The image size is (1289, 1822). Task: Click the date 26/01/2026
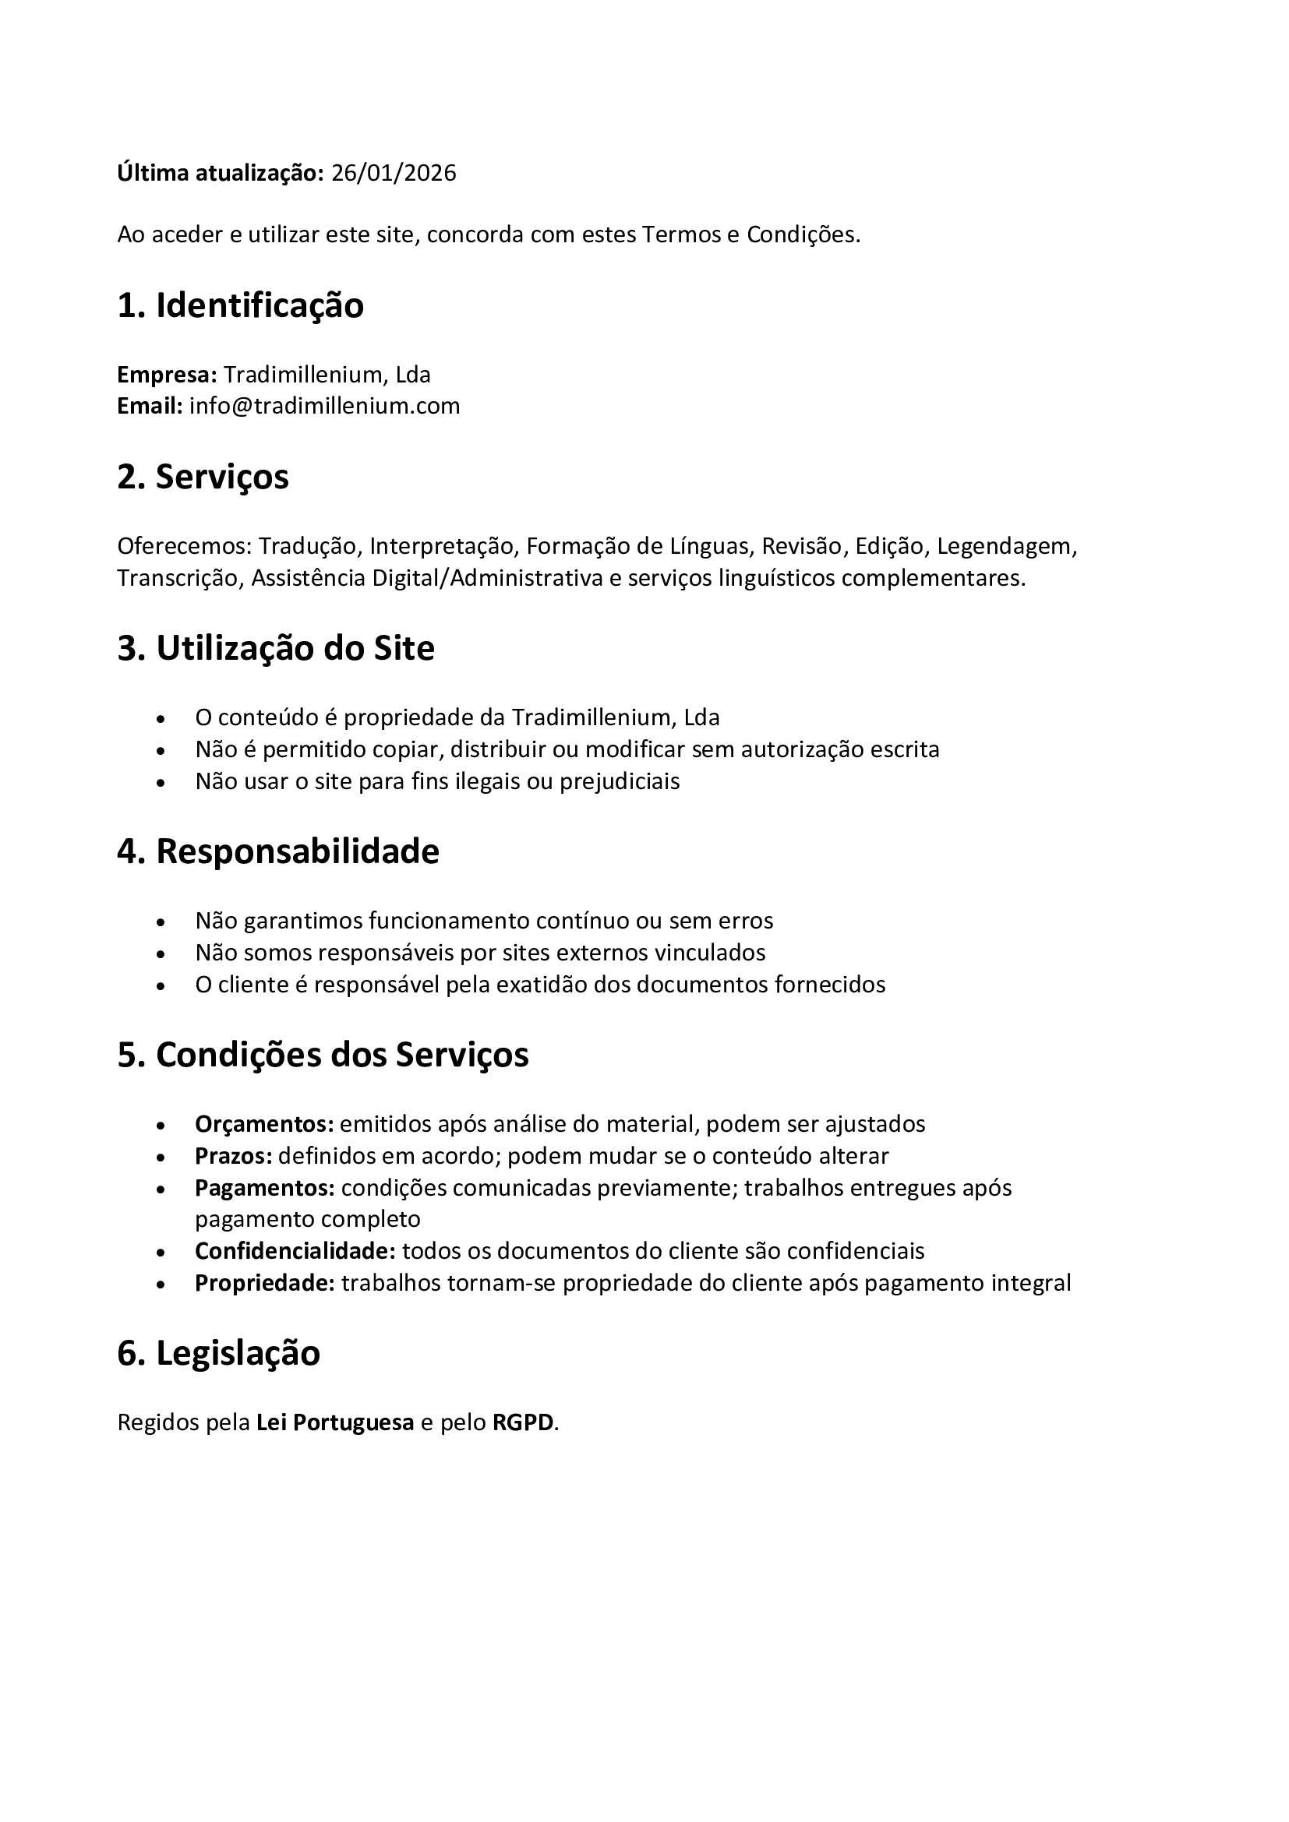point(394,173)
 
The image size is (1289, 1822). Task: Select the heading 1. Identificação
point(240,305)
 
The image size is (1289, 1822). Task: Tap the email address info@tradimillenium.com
point(325,406)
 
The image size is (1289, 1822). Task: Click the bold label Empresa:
point(167,374)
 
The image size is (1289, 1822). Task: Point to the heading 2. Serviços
point(203,477)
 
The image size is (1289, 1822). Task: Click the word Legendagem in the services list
point(1006,546)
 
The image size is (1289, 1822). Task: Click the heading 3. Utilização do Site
point(275,648)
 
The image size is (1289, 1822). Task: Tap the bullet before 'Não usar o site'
point(161,782)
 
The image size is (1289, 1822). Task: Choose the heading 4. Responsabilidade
point(277,851)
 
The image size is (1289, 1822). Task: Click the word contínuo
point(599,921)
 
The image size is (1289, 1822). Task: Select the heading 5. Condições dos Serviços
point(323,1055)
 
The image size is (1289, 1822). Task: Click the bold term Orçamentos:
point(264,1124)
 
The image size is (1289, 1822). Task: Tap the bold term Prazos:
point(233,1155)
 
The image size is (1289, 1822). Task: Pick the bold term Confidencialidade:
point(295,1251)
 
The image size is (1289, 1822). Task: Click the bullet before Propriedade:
point(161,1284)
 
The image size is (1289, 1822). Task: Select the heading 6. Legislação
point(218,1353)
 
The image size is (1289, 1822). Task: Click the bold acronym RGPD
point(523,1422)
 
